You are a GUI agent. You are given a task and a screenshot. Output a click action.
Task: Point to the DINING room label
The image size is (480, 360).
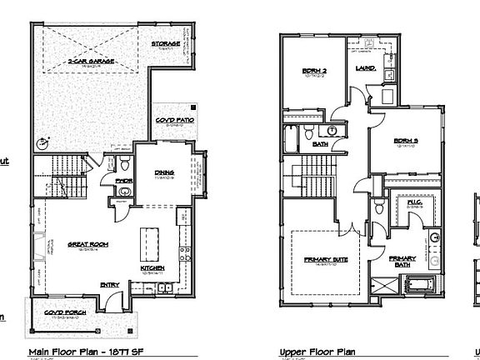click(163, 173)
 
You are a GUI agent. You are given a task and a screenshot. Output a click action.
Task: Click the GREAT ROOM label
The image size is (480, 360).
click(84, 244)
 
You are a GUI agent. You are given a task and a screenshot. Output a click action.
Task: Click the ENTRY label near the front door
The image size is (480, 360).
click(110, 285)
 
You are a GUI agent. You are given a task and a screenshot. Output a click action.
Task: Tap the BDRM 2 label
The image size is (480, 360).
click(312, 72)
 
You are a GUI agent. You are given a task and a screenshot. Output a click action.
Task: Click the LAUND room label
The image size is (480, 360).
click(365, 69)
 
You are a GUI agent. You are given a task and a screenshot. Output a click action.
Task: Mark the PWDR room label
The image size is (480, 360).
click(122, 179)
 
